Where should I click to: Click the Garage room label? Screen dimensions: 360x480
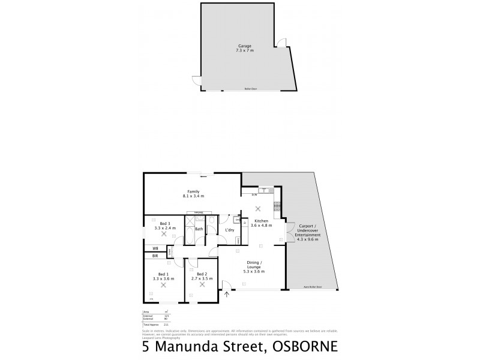(x=244, y=45)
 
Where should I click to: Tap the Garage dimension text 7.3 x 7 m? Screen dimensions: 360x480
(x=244, y=50)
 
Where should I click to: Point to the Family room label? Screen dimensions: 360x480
(x=193, y=191)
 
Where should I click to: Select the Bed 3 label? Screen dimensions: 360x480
(x=164, y=224)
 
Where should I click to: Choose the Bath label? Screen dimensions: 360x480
(x=198, y=229)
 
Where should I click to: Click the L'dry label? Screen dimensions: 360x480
(x=229, y=230)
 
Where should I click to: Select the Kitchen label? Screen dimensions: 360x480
(x=262, y=221)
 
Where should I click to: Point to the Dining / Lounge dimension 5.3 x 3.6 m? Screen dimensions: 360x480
(x=255, y=272)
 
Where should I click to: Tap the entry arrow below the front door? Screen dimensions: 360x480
(x=227, y=294)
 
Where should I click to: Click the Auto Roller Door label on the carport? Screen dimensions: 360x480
(x=313, y=287)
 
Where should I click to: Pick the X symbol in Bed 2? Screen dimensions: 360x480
(x=202, y=284)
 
